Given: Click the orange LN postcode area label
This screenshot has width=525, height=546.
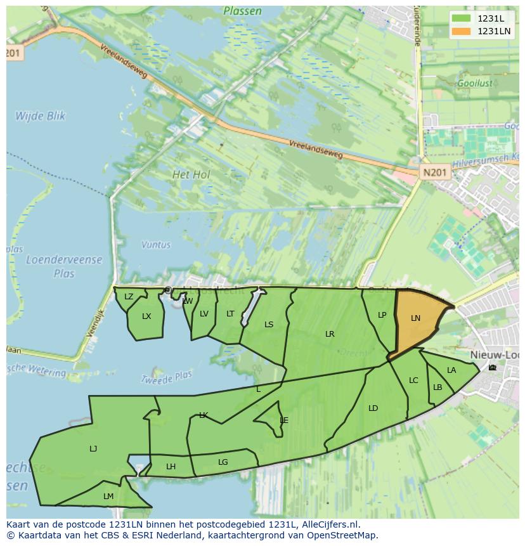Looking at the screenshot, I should [x=415, y=318].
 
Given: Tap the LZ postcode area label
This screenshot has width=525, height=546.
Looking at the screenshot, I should [x=129, y=297].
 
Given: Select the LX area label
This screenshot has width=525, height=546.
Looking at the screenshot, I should [x=146, y=316].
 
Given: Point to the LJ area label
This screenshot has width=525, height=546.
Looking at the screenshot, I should [x=93, y=449].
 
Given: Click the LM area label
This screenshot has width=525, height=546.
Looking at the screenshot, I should [x=108, y=497].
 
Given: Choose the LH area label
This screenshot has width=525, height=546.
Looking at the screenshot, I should [x=171, y=467].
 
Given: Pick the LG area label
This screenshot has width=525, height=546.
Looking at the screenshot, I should [x=223, y=462].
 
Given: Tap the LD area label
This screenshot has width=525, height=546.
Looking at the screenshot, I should [x=373, y=408].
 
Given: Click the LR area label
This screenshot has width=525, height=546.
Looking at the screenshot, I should [x=330, y=334].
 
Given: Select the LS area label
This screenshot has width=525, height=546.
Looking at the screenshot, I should [x=269, y=325].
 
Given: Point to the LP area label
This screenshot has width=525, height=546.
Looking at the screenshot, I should [x=382, y=315].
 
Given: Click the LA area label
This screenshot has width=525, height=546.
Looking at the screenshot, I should [x=451, y=370].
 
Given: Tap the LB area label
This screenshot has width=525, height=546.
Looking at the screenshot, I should [x=437, y=387].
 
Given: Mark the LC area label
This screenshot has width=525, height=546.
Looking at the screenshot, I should [x=413, y=380].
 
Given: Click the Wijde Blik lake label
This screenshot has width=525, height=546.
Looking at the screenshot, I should [x=40, y=116].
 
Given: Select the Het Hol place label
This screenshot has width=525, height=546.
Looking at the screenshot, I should [x=191, y=174].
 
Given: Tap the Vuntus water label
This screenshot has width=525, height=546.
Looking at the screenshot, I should [x=156, y=245].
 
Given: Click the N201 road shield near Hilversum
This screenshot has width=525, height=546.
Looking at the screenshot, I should [x=435, y=172].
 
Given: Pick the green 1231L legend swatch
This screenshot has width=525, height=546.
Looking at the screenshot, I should [x=461, y=18].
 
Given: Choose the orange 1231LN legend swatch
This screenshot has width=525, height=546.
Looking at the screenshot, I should [x=461, y=31].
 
